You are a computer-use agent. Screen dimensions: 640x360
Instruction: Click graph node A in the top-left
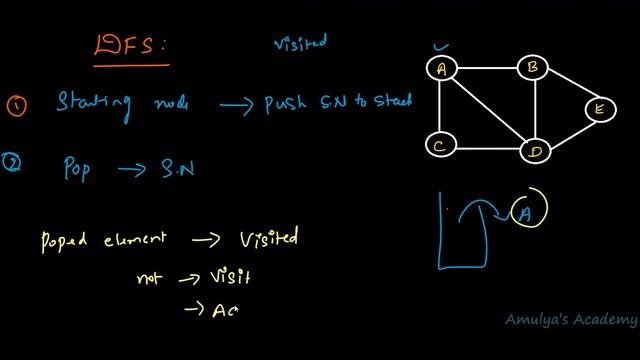(440, 68)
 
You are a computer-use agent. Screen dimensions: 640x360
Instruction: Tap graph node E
(598, 109)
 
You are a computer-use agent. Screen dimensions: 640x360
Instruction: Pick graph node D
(535, 151)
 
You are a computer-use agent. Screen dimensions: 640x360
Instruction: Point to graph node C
(439, 146)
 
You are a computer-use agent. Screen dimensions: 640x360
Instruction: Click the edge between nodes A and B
(487, 68)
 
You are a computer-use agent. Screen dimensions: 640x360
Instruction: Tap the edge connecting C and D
(487, 149)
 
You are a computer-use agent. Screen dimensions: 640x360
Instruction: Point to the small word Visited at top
(300, 43)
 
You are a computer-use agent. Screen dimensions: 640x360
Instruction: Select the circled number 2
(12, 167)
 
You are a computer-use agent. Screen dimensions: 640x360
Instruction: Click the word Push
(287, 103)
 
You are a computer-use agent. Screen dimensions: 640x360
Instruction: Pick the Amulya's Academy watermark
(570, 319)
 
